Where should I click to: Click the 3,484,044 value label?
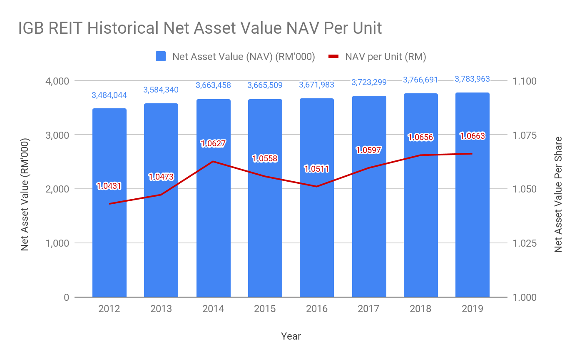[x=109, y=95]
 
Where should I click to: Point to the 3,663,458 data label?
[x=213, y=85]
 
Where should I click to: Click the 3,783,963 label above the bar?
[x=472, y=79]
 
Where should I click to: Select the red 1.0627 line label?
[x=213, y=144]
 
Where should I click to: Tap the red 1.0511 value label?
[x=316, y=169]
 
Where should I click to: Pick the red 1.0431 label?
[x=109, y=186]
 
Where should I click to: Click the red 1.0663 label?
[x=472, y=136]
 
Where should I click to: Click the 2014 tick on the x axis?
[x=213, y=309]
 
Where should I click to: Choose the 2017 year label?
[x=368, y=309]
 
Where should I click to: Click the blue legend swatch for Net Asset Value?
[x=161, y=57]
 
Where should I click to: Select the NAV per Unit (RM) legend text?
[x=386, y=57]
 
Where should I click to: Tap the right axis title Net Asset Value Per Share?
[x=558, y=194]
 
